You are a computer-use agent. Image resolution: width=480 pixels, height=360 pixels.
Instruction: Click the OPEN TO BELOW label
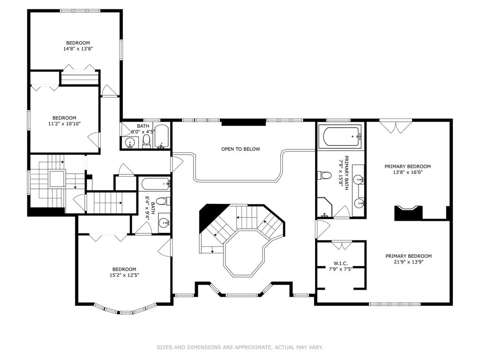(240, 149)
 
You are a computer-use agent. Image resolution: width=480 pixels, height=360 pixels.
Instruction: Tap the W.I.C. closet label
(340, 263)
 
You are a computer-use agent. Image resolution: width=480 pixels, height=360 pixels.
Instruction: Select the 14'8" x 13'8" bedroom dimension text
(78, 48)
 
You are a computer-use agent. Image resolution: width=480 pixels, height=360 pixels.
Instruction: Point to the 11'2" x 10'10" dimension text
(64, 123)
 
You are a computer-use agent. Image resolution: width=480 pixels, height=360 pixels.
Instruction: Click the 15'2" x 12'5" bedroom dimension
(124, 275)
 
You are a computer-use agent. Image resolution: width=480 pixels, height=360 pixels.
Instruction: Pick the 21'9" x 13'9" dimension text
(408, 262)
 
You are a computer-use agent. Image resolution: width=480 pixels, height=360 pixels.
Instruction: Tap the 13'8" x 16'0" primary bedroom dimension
(408, 172)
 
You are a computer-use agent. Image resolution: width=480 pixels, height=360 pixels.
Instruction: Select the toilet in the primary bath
(324, 175)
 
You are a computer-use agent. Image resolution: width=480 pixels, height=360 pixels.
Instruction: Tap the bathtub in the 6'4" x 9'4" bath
(156, 183)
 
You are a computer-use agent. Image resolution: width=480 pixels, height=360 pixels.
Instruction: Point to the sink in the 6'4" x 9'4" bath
(165, 223)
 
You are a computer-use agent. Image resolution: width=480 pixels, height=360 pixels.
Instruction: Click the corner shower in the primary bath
(324, 208)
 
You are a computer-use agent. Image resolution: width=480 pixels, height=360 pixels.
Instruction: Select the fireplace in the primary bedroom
(408, 213)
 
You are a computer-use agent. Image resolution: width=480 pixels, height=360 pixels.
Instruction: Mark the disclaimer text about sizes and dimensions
(240, 347)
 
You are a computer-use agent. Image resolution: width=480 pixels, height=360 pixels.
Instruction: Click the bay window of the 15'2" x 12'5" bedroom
(124, 309)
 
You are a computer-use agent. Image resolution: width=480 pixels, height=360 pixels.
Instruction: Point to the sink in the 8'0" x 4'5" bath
(131, 143)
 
